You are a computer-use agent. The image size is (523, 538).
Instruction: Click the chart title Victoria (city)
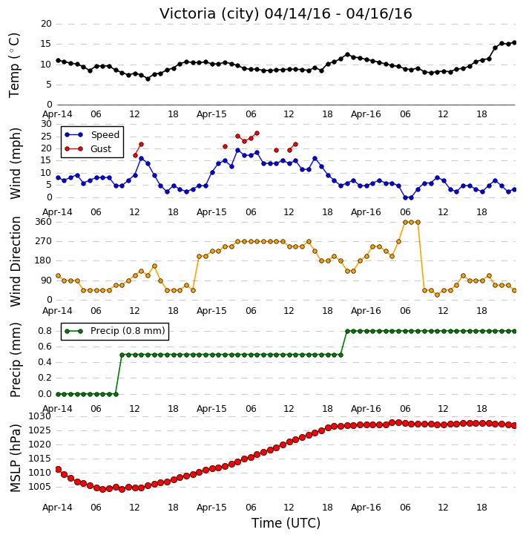[x=209, y=14]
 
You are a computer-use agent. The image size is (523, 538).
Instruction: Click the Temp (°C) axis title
[x=14, y=65]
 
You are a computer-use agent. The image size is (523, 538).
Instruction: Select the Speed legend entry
[x=92, y=135]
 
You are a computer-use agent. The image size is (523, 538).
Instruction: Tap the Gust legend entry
[x=88, y=149]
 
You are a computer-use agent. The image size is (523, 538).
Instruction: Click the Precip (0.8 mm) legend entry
[x=115, y=331]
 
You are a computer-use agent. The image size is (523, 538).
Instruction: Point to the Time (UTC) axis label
[x=286, y=523]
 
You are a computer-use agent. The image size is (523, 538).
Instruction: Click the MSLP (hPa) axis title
[x=15, y=458]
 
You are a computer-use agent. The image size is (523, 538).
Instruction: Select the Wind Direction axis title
[x=15, y=261]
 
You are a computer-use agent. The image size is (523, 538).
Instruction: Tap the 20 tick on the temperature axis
[x=46, y=24]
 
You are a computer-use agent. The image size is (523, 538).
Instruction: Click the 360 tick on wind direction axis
[x=44, y=222]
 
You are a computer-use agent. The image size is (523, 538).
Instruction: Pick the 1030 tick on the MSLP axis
[x=41, y=416]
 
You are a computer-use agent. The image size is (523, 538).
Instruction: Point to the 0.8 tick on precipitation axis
[x=45, y=331]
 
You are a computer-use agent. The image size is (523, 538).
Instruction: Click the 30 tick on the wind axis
[x=46, y=124]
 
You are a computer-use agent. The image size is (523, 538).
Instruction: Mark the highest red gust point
[x=257, y=133]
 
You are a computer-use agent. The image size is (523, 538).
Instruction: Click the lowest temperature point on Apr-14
[x=148, y=79]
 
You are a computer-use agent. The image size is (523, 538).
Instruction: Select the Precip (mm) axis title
[x=15, y=360]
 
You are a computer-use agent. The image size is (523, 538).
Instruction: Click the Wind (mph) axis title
[x=15, y=163]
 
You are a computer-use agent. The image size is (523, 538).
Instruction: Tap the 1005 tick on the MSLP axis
[x=41, y=487]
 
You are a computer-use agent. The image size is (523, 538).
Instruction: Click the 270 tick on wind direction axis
[x=44, y=241]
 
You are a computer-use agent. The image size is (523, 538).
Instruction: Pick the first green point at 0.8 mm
[x=347, y=331]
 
